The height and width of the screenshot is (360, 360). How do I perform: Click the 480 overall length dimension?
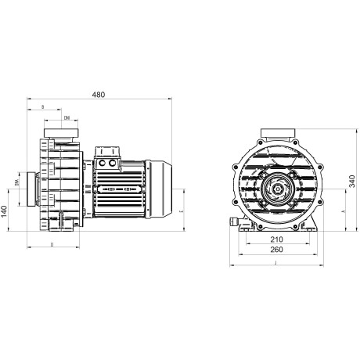tap(99, 95)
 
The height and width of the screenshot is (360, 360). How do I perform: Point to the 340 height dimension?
tap(352, 182)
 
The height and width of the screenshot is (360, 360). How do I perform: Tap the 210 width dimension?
tap(276, 239)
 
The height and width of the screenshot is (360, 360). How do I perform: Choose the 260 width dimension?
tap(276, 250)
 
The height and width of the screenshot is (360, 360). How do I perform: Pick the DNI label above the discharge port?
tap(67, 117)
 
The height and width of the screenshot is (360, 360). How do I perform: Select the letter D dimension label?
tap(52, 245)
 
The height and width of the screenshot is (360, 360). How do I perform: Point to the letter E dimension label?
tap(181, 211)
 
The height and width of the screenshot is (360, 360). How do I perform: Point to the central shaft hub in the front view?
tap(277, 188)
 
